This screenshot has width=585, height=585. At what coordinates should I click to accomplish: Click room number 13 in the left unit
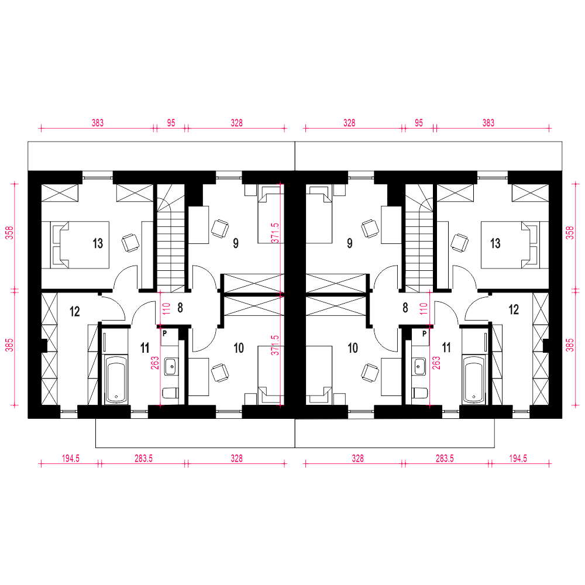[x=98, y=243]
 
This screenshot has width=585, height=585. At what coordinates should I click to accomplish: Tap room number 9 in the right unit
[x=350, y=243]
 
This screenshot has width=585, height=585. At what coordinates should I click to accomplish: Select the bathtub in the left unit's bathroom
[x=116, y=379]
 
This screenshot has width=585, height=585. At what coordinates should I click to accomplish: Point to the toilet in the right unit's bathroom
[x=420, y=393]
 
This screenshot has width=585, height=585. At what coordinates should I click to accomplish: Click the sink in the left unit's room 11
[x=171, y=366]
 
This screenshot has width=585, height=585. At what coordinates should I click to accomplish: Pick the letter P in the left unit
[x=164, y=334]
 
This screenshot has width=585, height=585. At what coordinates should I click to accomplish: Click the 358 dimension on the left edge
[x=10, y=233]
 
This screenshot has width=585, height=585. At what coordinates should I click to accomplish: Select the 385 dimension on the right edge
[x=570, y=345]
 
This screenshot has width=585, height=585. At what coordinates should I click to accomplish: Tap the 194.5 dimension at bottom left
[x=71, y=458]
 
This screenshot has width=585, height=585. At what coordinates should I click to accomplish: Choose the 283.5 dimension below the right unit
[x=445, y=458]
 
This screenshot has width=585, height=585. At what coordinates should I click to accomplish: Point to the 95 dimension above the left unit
[x=171, y=123]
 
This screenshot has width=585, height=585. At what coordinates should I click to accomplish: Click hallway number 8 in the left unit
[x=180, y=308]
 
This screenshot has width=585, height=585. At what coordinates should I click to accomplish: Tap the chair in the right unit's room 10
[x=369, y=373]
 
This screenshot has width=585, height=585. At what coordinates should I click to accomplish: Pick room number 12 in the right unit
[x=514, y=309]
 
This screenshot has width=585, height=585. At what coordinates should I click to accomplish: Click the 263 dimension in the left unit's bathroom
[x=155, y=363]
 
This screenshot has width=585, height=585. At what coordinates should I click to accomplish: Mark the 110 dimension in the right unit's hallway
[x=424, y=308]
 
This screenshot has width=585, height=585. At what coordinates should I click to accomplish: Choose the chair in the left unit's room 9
[x=220, y=228]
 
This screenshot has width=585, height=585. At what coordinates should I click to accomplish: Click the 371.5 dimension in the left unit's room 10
[x=275, y=345]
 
